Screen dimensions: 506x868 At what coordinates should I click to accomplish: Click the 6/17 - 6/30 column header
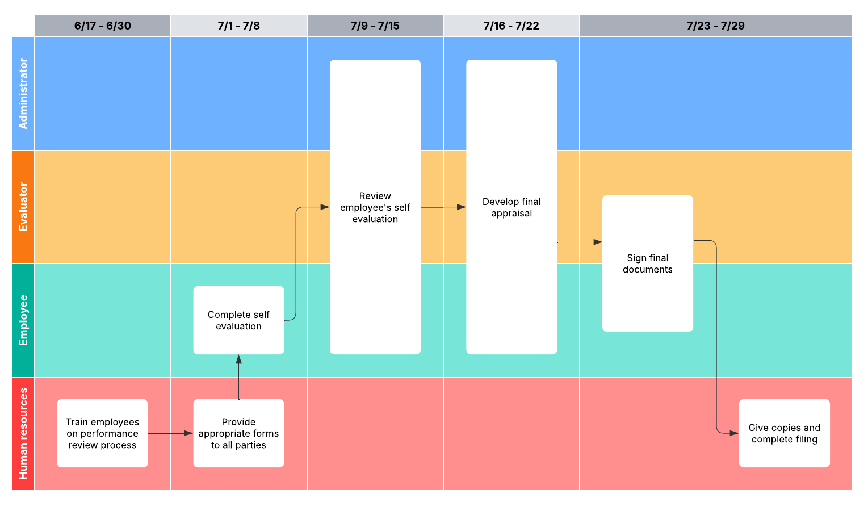pos(103,26)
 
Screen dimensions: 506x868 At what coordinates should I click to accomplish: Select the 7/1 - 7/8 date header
pos(238,26)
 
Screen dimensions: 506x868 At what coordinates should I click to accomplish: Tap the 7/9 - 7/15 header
pos(375,26)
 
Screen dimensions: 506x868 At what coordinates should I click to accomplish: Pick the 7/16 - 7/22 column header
pos(511,26)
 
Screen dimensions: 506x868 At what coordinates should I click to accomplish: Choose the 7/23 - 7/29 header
pos(715,26)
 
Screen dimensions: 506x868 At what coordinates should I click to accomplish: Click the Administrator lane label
pos(23,94)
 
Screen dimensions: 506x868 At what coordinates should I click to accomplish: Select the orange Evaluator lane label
pos(23,207)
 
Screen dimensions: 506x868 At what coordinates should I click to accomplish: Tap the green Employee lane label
pos(23,320)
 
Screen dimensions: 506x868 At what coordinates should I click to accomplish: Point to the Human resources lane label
pos(23,433)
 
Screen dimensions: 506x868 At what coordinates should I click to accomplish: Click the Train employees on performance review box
pos(103,433)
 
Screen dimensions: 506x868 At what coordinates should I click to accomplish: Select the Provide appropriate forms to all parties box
pos(238,433)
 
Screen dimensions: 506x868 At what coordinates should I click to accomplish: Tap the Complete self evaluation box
pos(238,320)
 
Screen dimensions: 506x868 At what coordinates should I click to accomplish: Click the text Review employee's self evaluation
pos(375,207)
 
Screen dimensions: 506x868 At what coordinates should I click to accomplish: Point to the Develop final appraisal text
pos(511,207)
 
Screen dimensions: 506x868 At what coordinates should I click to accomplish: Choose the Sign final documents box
pos(647,264)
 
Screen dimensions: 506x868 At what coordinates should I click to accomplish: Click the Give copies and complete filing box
pos(784,433)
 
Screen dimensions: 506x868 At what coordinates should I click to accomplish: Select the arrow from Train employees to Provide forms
pos(170,433)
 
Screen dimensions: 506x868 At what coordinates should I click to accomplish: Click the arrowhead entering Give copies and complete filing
pos(734,433)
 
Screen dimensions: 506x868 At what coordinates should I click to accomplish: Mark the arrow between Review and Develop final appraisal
pos(443,207)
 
